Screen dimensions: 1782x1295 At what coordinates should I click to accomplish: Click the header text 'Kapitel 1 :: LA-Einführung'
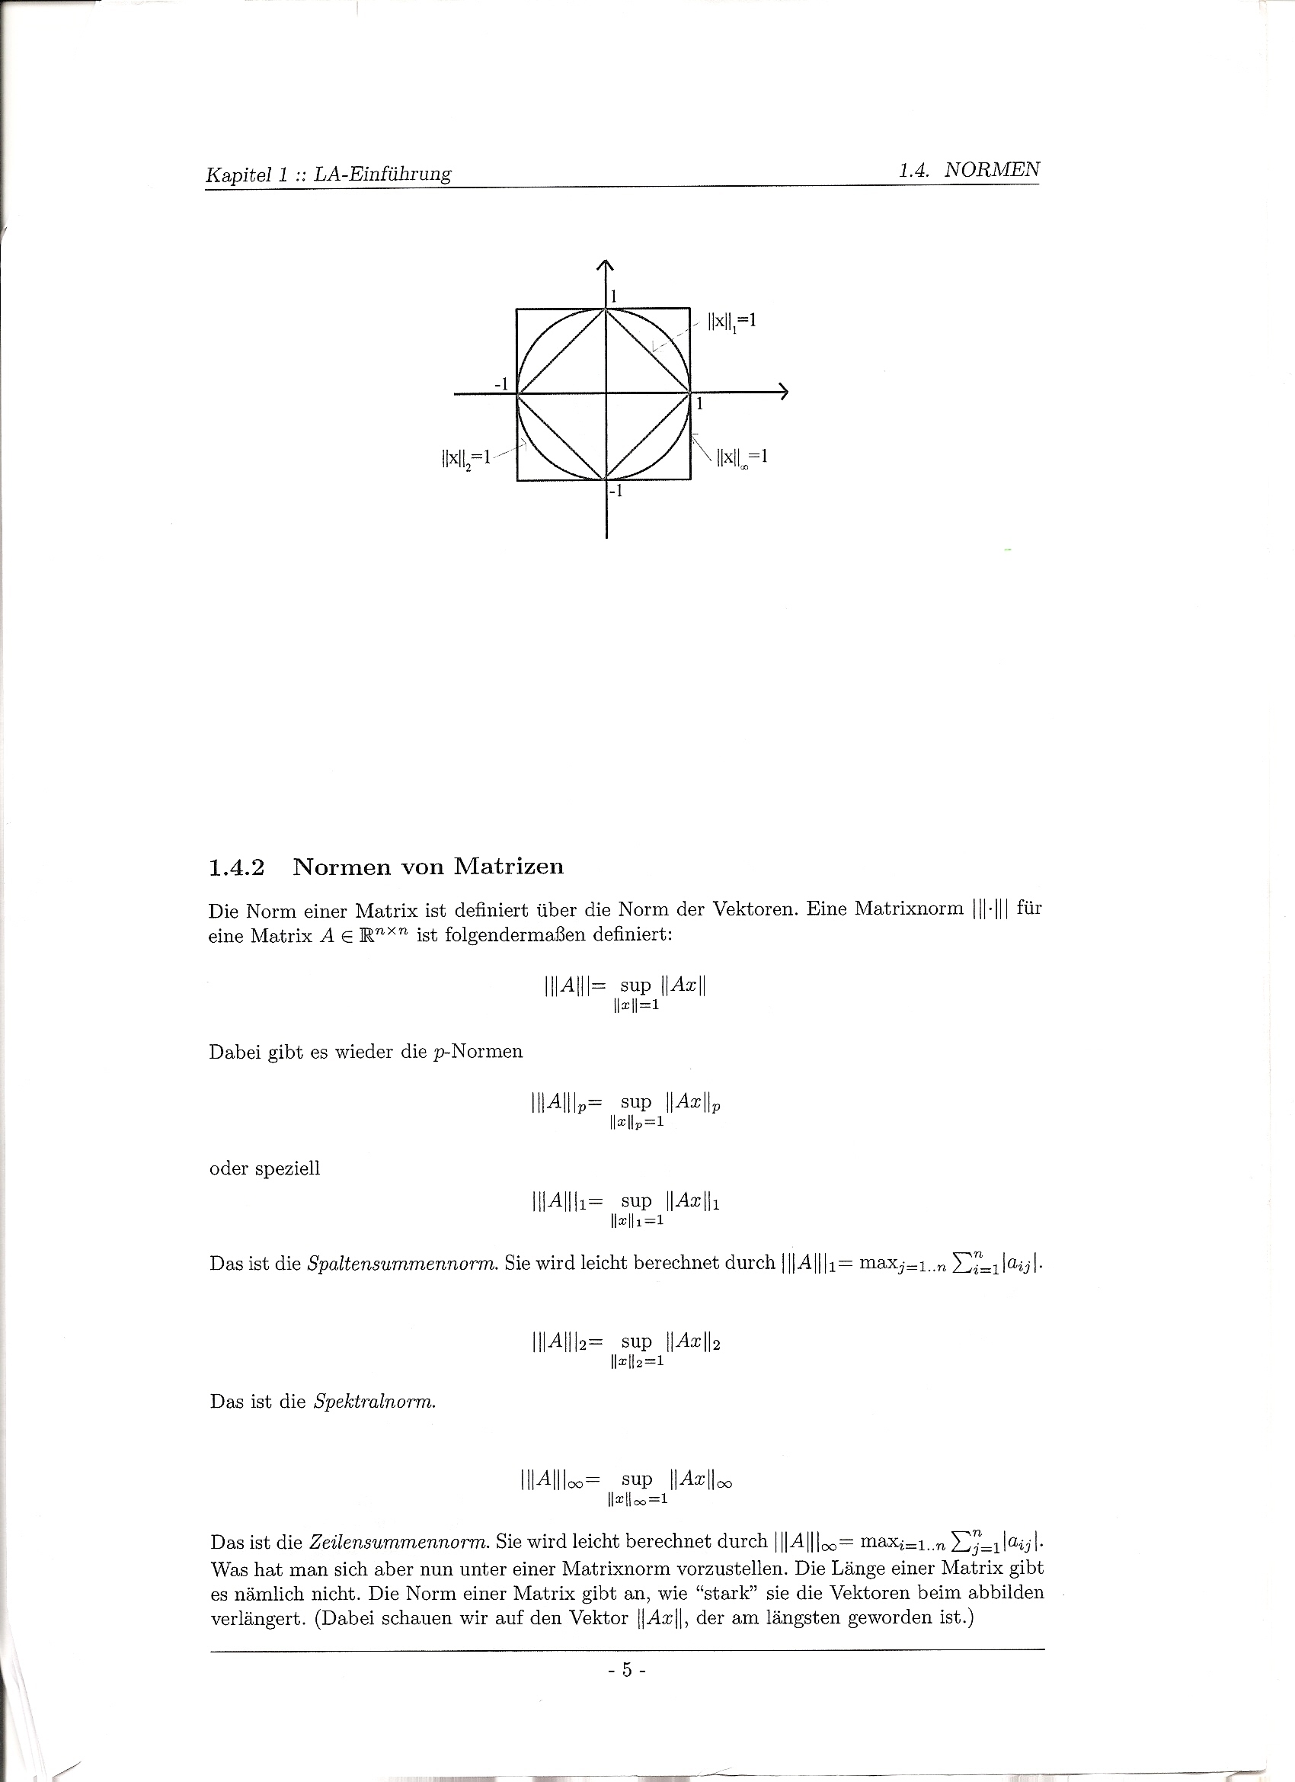point(328,174)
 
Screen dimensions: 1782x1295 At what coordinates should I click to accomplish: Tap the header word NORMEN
point(992,170)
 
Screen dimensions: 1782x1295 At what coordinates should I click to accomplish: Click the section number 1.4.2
point(236,867)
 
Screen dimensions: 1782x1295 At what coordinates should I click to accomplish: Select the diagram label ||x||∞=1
point(741,457)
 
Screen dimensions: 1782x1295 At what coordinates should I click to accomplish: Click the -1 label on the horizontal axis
point(501,383)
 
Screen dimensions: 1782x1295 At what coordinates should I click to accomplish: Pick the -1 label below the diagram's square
point(616,492)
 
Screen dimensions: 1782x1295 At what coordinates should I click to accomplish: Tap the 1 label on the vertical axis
point(614,296)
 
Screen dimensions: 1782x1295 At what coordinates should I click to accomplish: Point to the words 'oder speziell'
point(264,1168)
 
